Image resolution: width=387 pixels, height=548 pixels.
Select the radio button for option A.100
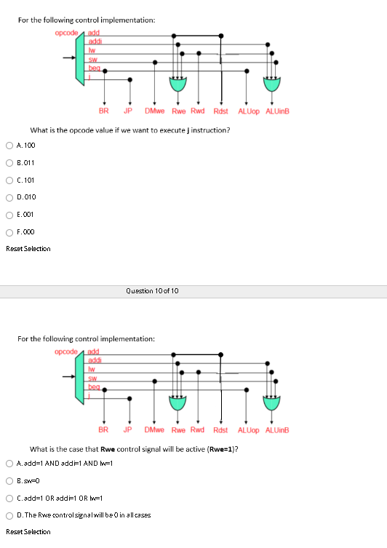pos(9,146)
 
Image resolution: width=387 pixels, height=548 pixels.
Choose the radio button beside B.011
pos(9,163)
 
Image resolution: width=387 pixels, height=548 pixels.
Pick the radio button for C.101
pos(9,180)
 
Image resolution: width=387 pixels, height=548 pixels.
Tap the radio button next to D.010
pos(9,197)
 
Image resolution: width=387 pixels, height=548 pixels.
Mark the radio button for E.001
pos(9,215)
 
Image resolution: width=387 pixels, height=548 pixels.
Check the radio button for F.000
pos(9,232)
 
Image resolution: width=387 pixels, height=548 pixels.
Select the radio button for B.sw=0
pos(9,481)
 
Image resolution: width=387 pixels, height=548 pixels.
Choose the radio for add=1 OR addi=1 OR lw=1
pos(9,498)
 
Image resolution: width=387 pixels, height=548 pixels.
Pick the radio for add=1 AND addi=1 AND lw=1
pos(9,464)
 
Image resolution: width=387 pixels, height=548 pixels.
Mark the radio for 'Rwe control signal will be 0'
pos(9,515)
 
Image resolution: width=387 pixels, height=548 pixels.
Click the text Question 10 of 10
pos(152,291)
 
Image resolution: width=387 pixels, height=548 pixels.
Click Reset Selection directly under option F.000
pos(28,249)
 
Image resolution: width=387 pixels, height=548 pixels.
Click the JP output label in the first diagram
pos(128,111)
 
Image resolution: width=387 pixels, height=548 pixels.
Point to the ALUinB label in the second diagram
pos(277,431)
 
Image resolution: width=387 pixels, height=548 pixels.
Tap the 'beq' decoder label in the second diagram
pos(93,387)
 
